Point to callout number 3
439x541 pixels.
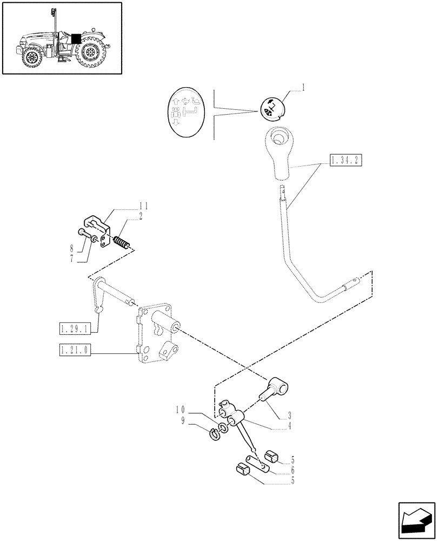pos(291,416)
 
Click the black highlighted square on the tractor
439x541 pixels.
pos(76,38)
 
